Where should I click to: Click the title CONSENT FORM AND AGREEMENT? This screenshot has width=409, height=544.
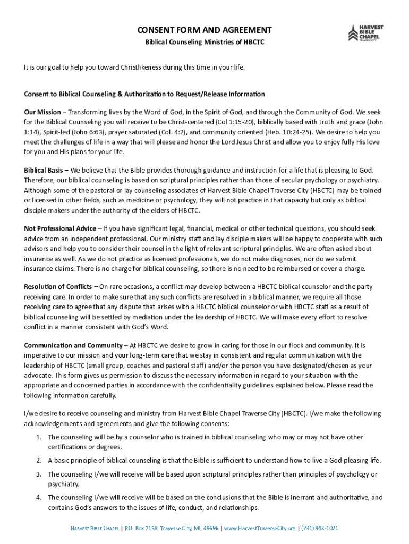click(x=204, y=30)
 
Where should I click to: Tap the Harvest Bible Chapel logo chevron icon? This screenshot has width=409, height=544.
click(x=353, y=33)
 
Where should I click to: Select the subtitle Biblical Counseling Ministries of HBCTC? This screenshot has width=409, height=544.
click(x=204, y=41)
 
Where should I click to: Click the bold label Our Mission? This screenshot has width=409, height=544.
click(x=42, y=113)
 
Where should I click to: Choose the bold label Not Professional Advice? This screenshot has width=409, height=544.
click(x=60, y=228)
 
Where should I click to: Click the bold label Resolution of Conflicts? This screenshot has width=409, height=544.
click(x=58, y=287)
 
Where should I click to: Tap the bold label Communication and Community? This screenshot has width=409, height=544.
click(x=73, y=345)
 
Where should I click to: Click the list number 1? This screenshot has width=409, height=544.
click(x=38, y=437)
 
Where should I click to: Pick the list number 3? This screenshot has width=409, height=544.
click(x=38, y=474)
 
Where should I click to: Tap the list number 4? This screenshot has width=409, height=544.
click(x=38, y=498)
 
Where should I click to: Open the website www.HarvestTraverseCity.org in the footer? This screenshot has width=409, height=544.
click(x=259, y=528)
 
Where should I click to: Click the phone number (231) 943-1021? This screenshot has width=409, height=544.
click(x=319, y=528)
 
